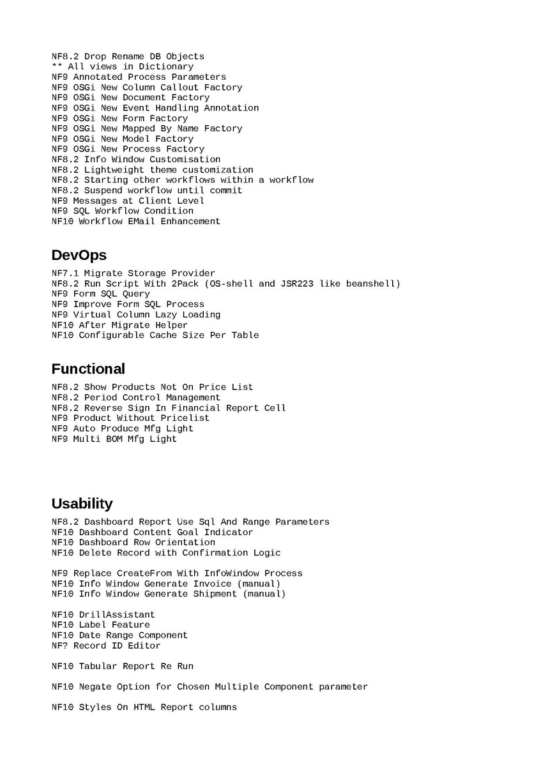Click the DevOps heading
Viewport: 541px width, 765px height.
79,255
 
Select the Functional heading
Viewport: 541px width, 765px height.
88,369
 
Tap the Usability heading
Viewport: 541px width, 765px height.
82,504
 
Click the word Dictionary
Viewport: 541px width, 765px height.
166,66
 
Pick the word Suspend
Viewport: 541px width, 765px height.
103,190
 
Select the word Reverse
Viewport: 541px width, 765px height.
103,408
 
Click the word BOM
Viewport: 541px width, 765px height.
114,439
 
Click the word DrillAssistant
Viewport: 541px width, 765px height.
117,615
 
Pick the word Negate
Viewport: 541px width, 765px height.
95,687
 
